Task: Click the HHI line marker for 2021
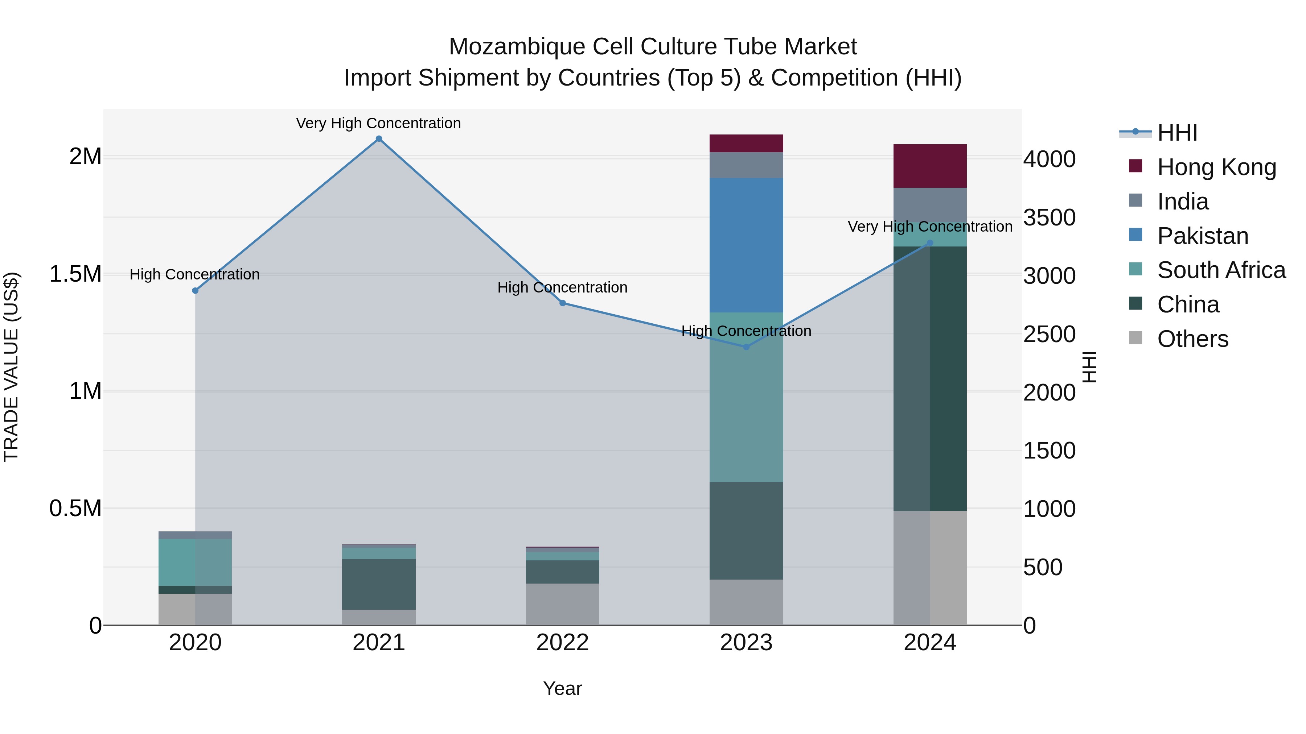pyautogui.click(x=379, y=139)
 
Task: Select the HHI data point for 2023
pyautogui.click(x=746, y=347)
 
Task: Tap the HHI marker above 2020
pyautogui.click(x=195, y=291)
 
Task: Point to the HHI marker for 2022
pyautogui.click(x=562, y=303)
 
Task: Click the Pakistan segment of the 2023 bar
pyautogui.click(x=746, y=245)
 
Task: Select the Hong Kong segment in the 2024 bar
pyautogui.click(x=930, y=166)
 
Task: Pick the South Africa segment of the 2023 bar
pyautogui.click(x=746, y=397)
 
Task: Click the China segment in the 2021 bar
pyautogui.click(x=379, y=584)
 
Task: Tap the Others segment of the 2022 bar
pyautogui.click(x=562, y=604)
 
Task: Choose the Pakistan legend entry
pyautogui.click(x=1203, y=236)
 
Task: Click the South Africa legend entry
pyautogui.click(x=1221, y=270)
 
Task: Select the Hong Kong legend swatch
pyautogui.click(x=1135, y=166)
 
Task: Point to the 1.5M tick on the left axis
pyautogui.click(x=75, y=274)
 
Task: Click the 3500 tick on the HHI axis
pyautogui.click(x=1049, y=217)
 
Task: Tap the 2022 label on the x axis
pyautogui.click(x=562, y=643)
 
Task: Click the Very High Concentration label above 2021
pyautogui.click(x=378, y=123)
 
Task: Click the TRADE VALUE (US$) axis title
pyautogui.click(x=11, y=367)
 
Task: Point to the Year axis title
pyautogui.click(x=562, y=688)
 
